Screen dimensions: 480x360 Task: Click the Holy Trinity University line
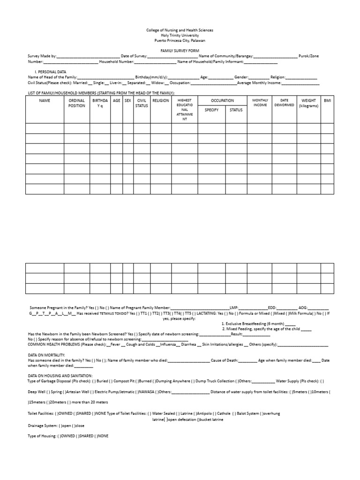click(x=180, y=35)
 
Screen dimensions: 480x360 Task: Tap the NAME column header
click(x=45, y=100)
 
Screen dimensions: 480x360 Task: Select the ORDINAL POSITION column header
click(x=77, y=103)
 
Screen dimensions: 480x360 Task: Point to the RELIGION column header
click(x=161, y=100)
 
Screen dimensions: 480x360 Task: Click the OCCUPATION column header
click(x=222, y=100)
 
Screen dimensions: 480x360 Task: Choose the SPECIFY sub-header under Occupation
click(x=211, y=110)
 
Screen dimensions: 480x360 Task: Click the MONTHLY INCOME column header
click(x=260, y=102)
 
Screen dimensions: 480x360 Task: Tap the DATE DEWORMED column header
click(x=284, y=102)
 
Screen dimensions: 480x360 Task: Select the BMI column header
click(x=327, y=100)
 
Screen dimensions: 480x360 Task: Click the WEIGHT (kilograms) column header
click(x=308, y=103)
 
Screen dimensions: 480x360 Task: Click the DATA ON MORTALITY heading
click(x=46, y=355)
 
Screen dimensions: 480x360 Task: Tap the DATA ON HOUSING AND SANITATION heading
click(x=60, y=376)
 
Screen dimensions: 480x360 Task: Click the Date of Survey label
click(x=134, y=56)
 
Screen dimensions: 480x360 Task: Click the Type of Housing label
click(x=42, y=436)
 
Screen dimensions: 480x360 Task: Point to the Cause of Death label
click(x=224, y=360)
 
